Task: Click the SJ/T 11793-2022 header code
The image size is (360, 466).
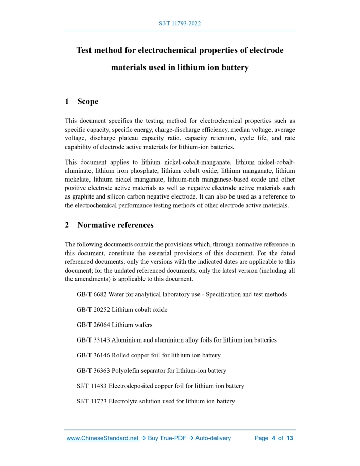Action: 179,24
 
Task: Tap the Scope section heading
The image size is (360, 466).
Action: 87,102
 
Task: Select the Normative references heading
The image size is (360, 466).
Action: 115,225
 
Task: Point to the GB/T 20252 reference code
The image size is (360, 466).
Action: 93,310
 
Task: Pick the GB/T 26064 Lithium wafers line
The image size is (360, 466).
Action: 114,325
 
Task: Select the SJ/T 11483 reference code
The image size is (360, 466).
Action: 92,386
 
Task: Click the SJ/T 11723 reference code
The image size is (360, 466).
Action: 92,401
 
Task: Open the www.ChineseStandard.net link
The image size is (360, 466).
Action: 103,438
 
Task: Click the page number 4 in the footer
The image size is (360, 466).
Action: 274,438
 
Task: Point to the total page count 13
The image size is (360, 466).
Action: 290,438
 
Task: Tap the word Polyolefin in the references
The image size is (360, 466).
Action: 126,370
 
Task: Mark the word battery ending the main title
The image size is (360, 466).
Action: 233,67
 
